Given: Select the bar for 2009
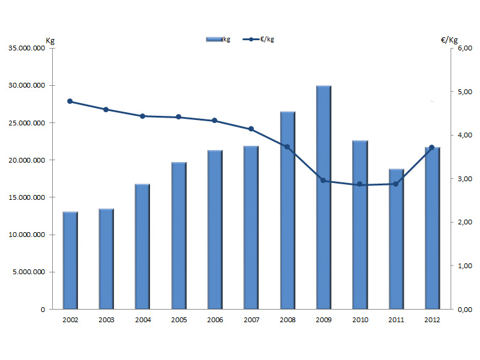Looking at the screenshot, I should [x=323, y=198].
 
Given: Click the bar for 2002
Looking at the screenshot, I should [x=70, y=260].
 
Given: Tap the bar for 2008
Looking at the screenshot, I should [x=287, y=210].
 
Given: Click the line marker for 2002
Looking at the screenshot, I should [x=70, y=101].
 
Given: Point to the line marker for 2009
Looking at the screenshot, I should [x=323, y=180].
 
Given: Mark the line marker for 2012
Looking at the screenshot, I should [x=432, y=148].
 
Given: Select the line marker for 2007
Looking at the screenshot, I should [x=251, y=129].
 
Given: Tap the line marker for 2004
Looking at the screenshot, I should [x=143, y=116].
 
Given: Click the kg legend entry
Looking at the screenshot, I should [x=218, y=39].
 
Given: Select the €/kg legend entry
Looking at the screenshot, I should [x=259, y=39].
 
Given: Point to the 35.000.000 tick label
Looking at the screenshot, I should [x=26, y=49].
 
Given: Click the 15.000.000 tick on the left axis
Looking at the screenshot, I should [x=26, y=197].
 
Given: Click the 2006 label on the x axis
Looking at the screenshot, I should [x=215, y=320].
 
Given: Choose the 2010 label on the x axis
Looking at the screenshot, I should [x=359, y=320].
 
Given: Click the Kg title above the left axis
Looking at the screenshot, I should [x=50, y=40].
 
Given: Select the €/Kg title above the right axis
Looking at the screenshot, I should [x=449, y=40].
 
